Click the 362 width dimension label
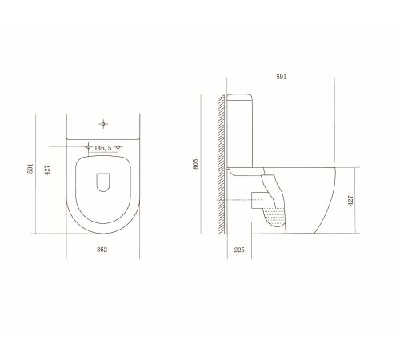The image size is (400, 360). tap(102, 250)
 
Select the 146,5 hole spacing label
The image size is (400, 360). tap(103, 148)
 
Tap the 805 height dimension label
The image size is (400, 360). tap(195, 164)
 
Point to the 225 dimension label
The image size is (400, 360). tap(239, 250)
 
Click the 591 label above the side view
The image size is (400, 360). tap(281, 77)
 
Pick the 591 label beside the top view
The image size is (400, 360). tap(30, 169)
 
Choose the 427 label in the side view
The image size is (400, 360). tap(350, 200)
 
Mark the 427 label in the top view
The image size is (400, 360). tap(47, 170)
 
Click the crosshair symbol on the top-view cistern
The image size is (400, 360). tap(103, 124)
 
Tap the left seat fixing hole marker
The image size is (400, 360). tap(88, 146)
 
